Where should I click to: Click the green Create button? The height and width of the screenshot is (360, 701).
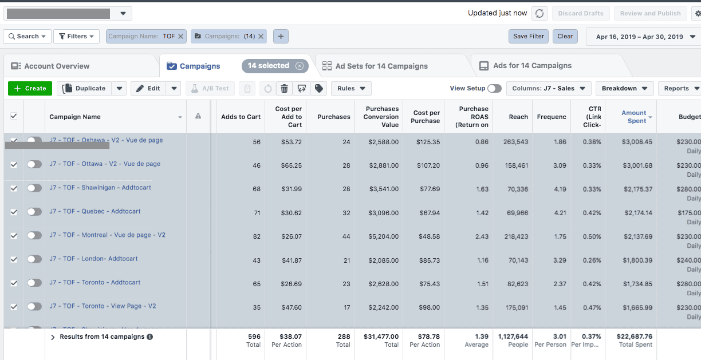30,88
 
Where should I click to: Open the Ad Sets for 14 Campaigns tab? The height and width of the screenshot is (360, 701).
381,66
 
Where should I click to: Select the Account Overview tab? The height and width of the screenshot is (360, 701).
57,66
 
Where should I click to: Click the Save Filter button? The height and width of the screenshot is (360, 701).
528,36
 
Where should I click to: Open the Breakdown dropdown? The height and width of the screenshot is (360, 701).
624,88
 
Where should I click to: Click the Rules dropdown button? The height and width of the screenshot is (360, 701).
352,88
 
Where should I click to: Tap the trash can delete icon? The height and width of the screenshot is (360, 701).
284,88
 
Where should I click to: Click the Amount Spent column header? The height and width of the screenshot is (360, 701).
634,117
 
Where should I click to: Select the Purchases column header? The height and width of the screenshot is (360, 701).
333,117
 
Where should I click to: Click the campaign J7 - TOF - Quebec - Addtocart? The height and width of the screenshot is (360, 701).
95,211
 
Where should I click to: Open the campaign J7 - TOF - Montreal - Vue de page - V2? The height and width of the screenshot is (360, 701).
107,235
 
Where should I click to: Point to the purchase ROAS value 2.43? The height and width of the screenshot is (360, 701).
482,236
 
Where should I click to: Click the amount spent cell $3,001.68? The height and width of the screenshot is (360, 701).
637,165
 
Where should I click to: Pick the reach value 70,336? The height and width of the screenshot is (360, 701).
518,189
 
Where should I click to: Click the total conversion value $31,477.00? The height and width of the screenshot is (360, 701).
381,337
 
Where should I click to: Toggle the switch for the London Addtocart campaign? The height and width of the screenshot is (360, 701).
34,259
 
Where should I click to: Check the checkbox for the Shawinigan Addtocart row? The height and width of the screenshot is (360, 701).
14,188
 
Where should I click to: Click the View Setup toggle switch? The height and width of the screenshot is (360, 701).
494,88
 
